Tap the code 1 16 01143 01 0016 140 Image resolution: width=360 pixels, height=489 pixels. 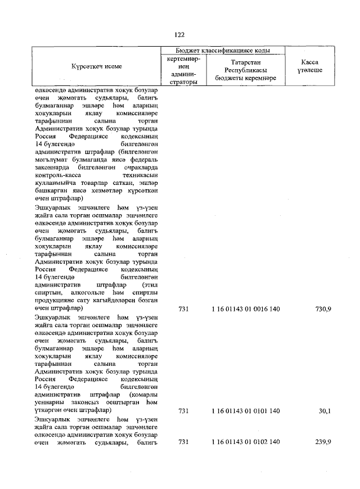(x=245, y=309)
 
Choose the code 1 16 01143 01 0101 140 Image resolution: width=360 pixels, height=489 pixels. (x=245, y=411)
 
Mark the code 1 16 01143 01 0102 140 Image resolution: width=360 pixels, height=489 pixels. (x=245, y=442)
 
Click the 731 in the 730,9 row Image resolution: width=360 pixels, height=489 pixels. (x=183, y=309)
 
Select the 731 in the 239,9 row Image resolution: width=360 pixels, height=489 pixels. (x=183, y=442)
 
